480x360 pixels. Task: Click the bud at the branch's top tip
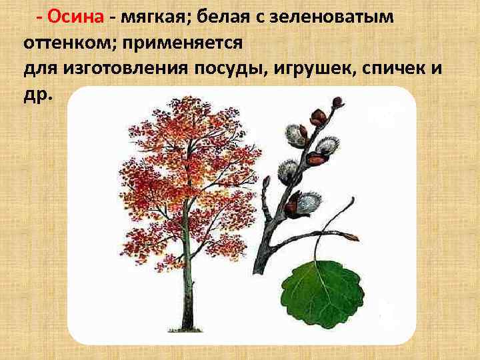tap(338, 102)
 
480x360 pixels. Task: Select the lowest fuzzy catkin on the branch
tap(306, 201)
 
